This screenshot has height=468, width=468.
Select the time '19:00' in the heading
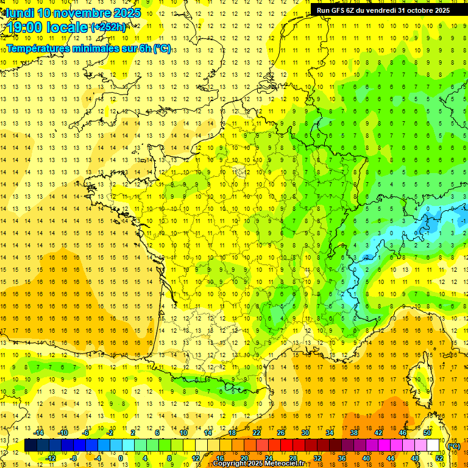pyautogui.click(x=28, y=27)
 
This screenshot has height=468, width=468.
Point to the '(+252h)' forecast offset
pyautogui.click(x=108, y=27)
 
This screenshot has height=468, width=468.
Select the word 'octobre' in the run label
pyautogui.click(x=419, y=10)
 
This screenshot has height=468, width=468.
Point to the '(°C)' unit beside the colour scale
pyautogui.click(x=453, y=446)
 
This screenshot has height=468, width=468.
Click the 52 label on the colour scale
pyautogui.click(x=439, y=458)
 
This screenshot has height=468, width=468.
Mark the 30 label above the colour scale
pyautogui.click(x=305, y=433)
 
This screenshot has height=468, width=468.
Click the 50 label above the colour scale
pyautogui.click(x=427, y=433)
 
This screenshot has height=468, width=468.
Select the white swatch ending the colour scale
pyautogui.click(x=433, y=445)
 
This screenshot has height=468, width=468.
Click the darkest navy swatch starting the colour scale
pyautogui.click(x=30, y=445)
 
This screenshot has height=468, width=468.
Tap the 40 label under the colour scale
pyautogui.click(x=366, y=458)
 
